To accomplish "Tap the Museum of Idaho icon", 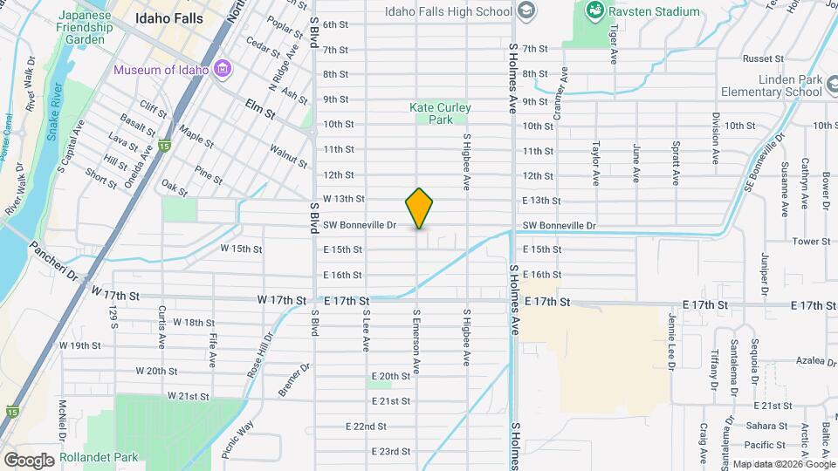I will point(223,70).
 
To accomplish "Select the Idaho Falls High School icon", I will point(525,11).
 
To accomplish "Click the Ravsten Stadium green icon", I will point(594,11).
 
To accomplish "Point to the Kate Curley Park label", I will point(441,113).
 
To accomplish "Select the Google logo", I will point(29,460).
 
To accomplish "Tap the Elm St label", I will point(259,113).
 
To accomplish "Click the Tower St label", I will point(809,241).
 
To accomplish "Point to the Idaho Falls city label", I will point(169,18).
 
